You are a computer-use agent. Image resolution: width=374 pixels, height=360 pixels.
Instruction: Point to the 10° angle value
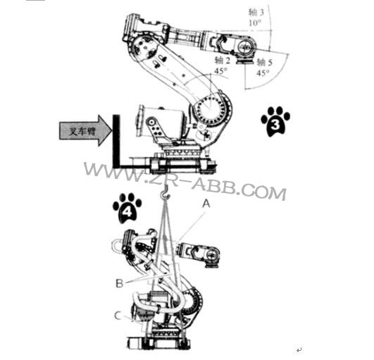coord(255,23)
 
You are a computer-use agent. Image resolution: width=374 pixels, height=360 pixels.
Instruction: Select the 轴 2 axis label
coord(223,61)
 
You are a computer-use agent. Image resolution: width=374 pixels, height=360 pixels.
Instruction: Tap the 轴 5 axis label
coord(263,61)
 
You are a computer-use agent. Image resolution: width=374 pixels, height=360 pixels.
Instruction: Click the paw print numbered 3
coord(275,121)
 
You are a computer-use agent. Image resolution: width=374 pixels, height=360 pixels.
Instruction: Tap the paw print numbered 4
coord(127,208)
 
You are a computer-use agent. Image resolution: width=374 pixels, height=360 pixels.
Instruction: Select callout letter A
coord(206,201)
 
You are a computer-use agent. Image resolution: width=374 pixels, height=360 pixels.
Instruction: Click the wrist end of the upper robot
coord(246,49)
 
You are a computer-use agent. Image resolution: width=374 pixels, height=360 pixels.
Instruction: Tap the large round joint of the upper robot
coord(209,109)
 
